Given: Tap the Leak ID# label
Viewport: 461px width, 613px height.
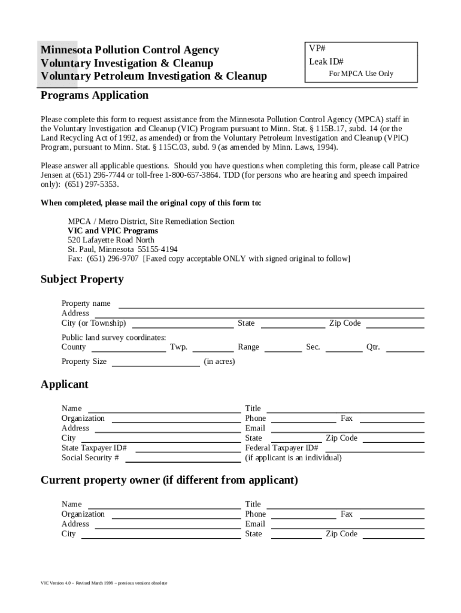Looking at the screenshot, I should point(326,62).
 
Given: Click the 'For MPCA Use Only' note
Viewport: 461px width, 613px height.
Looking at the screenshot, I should point(361,74).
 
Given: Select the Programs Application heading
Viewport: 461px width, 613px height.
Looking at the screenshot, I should point(94,95).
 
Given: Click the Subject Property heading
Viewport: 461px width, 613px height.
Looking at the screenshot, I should point(82,279).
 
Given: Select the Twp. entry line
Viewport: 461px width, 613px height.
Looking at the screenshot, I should point(213,350).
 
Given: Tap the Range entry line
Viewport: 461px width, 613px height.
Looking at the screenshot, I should point(283,350).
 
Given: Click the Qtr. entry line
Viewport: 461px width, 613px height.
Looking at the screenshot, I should point(405,350).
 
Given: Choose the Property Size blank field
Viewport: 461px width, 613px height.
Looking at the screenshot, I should point(156,364).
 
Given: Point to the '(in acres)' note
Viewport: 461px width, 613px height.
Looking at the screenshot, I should point(219,362).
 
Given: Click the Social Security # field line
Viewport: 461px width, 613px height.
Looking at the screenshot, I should point(183,460).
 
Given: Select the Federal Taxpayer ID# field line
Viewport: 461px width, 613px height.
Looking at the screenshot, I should point(373,450).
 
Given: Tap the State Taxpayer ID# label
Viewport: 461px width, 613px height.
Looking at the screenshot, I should point(94,448).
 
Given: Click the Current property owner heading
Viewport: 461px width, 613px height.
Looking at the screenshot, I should point(169,480).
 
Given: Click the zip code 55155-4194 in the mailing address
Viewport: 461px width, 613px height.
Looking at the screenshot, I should point(157,249).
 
